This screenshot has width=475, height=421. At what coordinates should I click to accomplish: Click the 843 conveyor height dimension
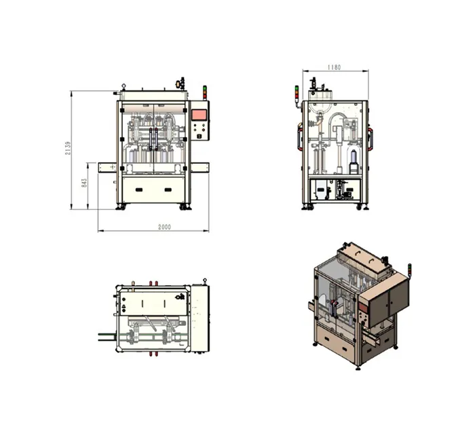pos(83,183)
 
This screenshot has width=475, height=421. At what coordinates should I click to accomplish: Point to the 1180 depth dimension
pos(333,67)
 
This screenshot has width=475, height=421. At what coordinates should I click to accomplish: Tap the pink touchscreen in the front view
pos(199,114)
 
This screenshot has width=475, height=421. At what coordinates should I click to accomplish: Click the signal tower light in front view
pos(204,92)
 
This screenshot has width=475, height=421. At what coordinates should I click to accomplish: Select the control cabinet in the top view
pos(199,320)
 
